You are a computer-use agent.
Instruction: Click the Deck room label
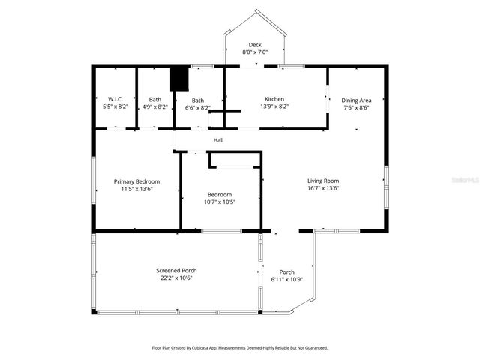tap(255, 45)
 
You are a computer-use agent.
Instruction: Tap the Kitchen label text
tap(274, 99)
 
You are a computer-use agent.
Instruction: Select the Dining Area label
tap(356, 100)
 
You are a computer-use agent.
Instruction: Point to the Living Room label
tap(323, 181)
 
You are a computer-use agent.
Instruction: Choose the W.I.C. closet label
tap(115, 99)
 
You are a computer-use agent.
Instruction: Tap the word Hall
tap(218, 140)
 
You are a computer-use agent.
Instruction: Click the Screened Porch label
tap(176, 270)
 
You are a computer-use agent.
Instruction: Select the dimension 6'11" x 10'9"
tap(287, 279)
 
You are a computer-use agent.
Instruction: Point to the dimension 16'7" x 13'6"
tap(323, 189)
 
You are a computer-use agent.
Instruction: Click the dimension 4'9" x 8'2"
tap(154, 107)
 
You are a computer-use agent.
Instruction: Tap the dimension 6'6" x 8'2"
tap(198, 108)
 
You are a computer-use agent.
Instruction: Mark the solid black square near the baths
tap(178, 79)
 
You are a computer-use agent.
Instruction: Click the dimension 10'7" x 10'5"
tap(220, 202)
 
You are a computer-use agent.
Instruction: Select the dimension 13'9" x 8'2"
tap(274, 107)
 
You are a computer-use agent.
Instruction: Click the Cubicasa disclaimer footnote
tap(240, 348)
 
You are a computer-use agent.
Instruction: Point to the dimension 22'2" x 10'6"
tap(176, 278)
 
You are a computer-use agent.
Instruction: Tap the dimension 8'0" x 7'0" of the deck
tap(255, 53)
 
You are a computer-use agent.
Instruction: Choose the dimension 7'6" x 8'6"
tap(356, 108)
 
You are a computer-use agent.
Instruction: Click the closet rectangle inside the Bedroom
tap(235, 160)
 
